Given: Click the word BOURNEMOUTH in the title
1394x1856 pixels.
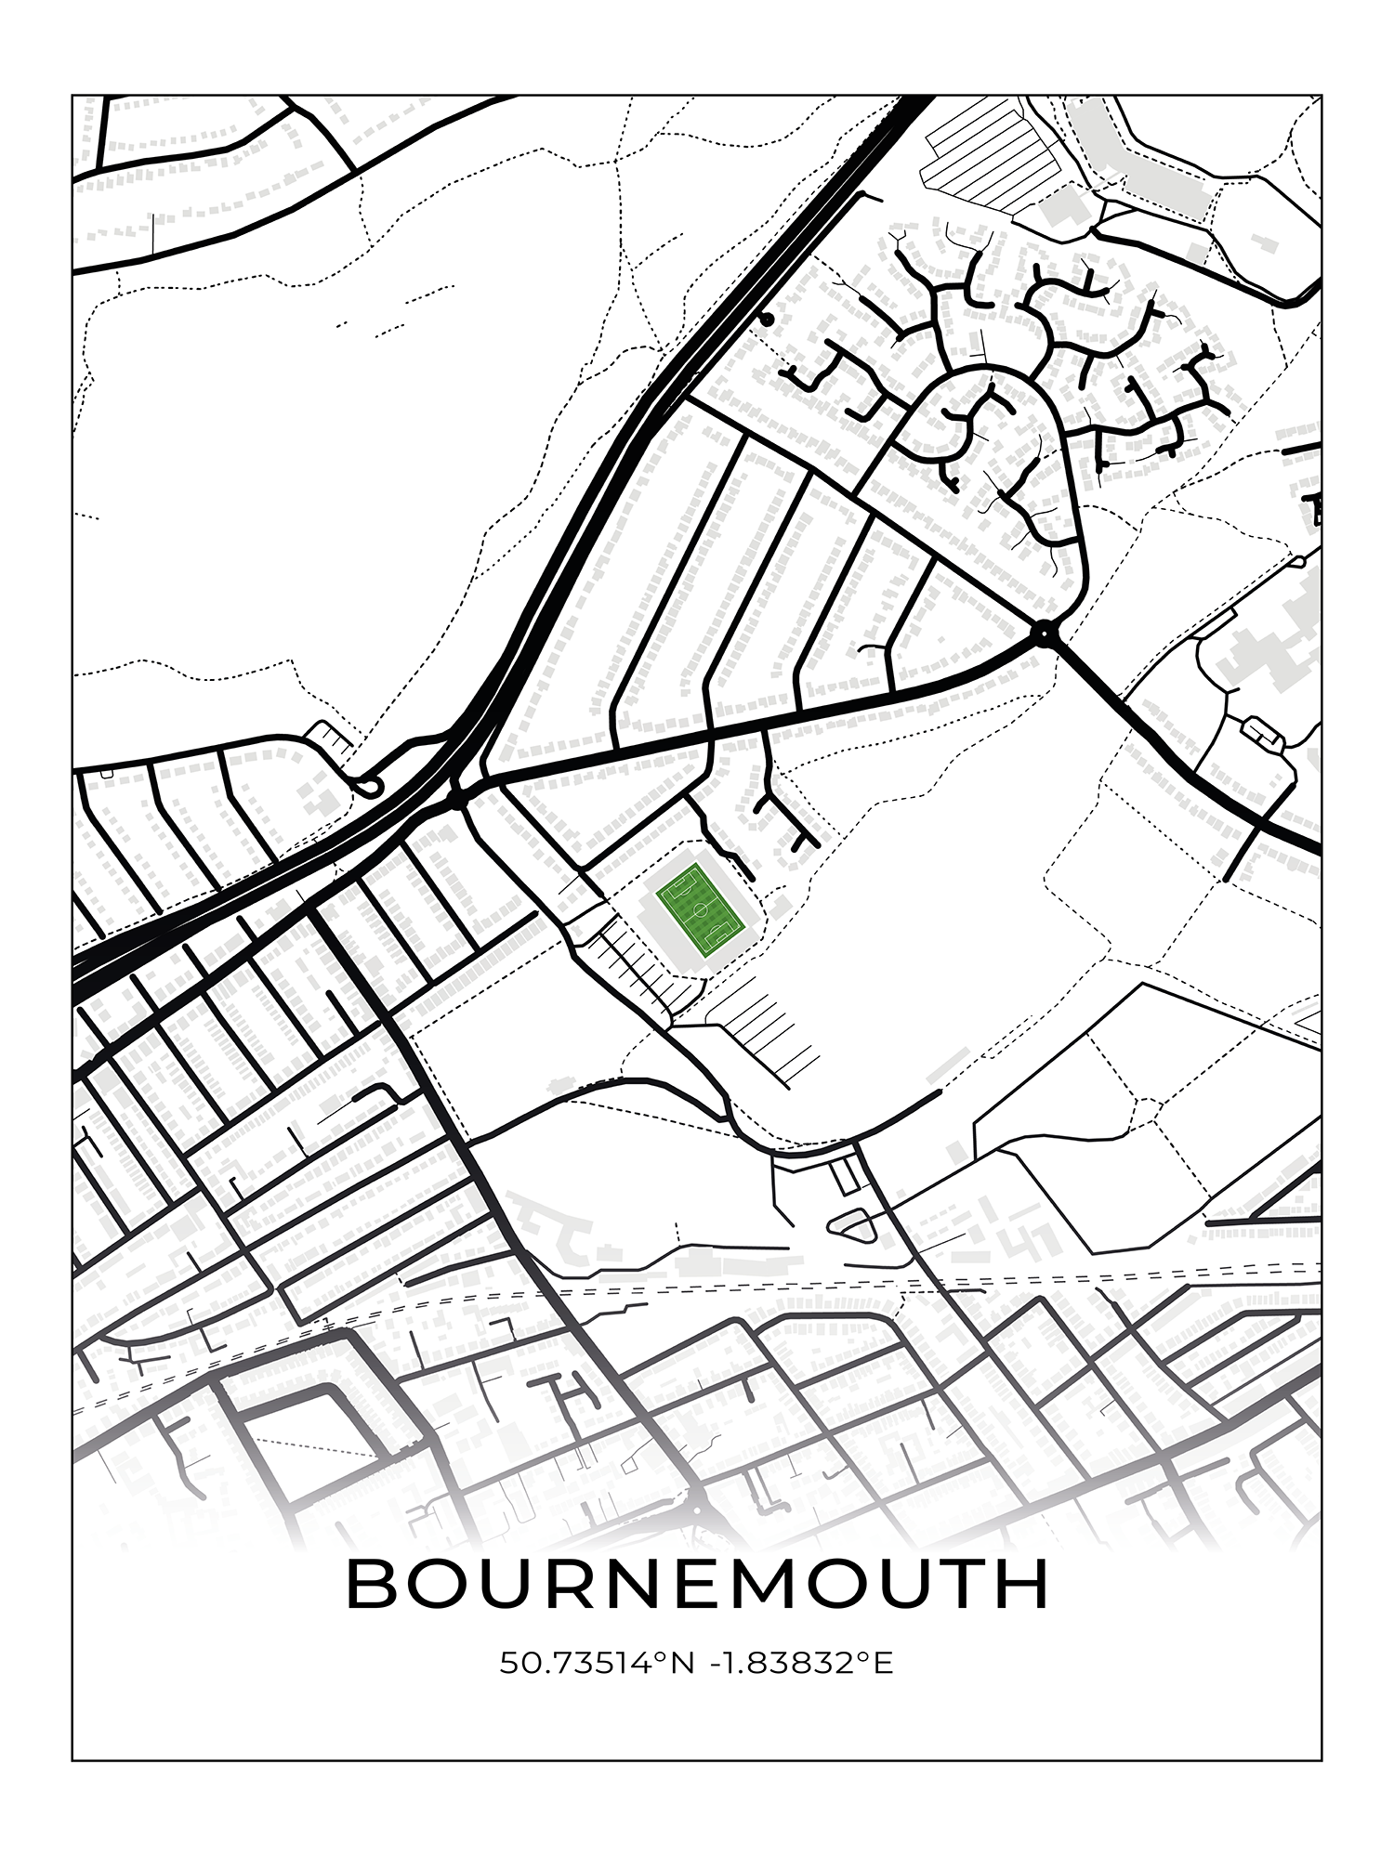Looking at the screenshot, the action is point(697,1584).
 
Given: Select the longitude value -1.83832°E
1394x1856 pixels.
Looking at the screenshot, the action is point(800,1663).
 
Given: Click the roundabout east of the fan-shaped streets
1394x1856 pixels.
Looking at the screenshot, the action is point(1045,635).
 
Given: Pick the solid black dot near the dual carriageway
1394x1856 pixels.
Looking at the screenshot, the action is point(767,320).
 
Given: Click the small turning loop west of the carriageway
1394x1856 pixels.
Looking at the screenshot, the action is point(369,788).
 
